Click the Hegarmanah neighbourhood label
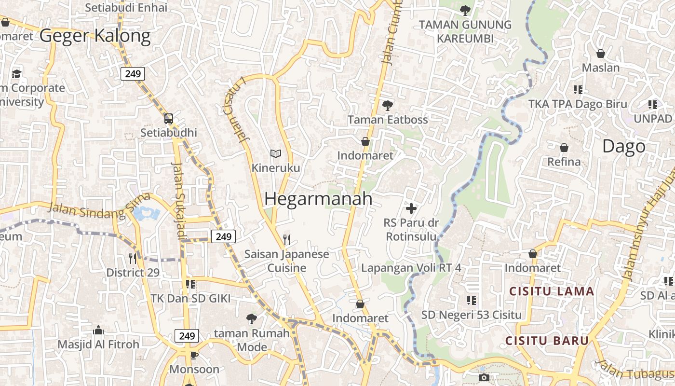click(318, 199)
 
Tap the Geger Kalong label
click(95, 36)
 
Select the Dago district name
click(623, 147)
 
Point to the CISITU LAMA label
click(552, 291)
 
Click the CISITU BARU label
click(547, 341)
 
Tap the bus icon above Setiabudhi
click(169, 118)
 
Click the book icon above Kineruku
click(275, 154)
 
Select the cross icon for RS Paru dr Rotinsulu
click(411, 208)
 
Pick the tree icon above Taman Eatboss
click(387, 105)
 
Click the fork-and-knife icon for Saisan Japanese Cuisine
click(287, 239)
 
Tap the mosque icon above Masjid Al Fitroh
click(98, 331)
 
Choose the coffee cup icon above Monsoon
click(194, 356)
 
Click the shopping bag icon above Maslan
click(601, 53)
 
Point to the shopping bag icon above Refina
click(564, 148)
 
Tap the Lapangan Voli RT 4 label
click(411, 268)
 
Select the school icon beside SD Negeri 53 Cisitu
click(471, 301)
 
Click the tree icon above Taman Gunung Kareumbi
click(465, 10)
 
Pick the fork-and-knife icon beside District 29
click(133, 259)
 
